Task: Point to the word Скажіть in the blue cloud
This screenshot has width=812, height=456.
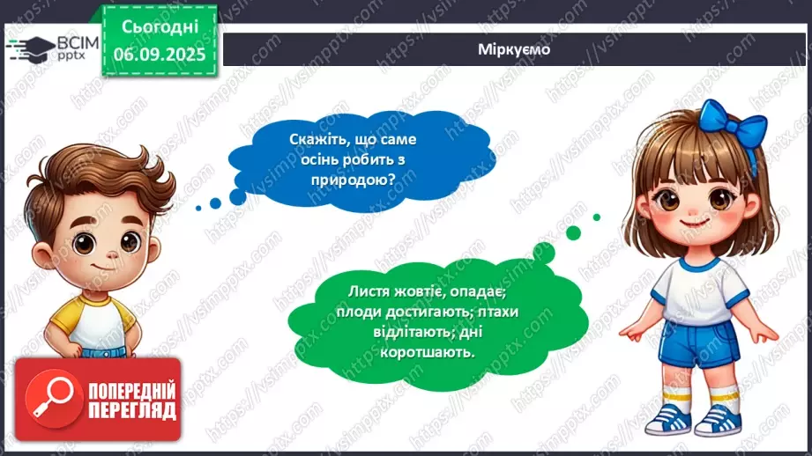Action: pos(317,139)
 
